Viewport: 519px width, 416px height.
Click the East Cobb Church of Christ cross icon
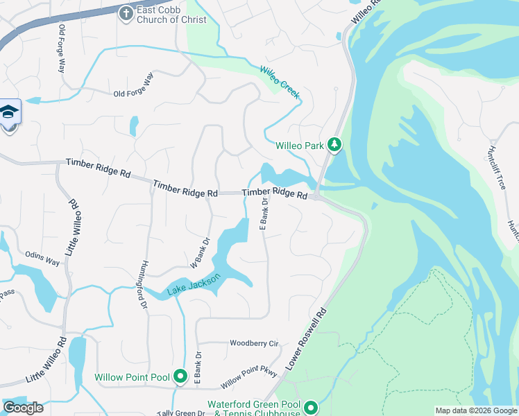pyautogui.click(x=126, y=13)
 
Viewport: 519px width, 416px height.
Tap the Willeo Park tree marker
pyautogui.click(x=335, y=145)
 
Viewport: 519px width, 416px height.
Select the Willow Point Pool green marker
pyautogui.click(x=180, y=377)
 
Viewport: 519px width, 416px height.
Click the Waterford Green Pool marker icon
pyautogui.click(x=310, y=407)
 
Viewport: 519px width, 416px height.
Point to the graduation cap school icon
pyautogui.click(x=10, y=112)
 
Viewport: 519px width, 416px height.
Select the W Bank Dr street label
pyautogui.click(x=200, y=254)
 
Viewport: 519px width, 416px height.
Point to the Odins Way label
pyautogui.click(x=42, y=258)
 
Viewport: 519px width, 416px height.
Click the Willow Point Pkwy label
pyautogui.click(x=249, y=377)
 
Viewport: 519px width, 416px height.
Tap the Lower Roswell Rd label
pyautogui.click(x=306, y=340)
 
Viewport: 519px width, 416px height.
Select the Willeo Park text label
pyautogui.click(x=300, y=146)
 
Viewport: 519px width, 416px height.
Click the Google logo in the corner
pyautogui.click(x=23, y=407)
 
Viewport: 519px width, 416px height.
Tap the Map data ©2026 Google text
pyautogui.click(x=475, y=410)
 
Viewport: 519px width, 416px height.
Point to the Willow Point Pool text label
pyautogui.click(x=132, y=378)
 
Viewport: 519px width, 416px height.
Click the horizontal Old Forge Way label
pyautogui.click(x=133, y=94)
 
